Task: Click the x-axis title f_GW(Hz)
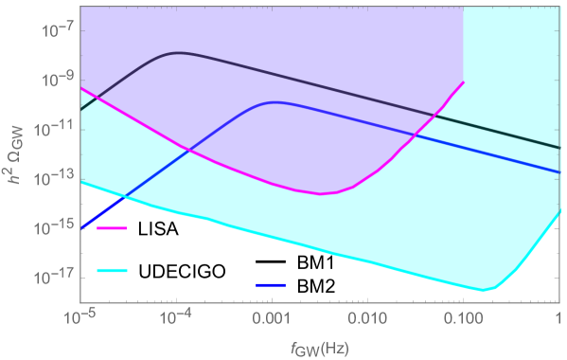[x=318, y=347]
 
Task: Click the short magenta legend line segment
[x=111, y=228]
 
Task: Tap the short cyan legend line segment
[x=111, y=270]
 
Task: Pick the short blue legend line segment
[x=270, y=284]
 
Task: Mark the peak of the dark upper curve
[x=180, y=53]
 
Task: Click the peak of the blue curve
[x=275, y=101]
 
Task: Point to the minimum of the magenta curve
[x=322, y=194]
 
